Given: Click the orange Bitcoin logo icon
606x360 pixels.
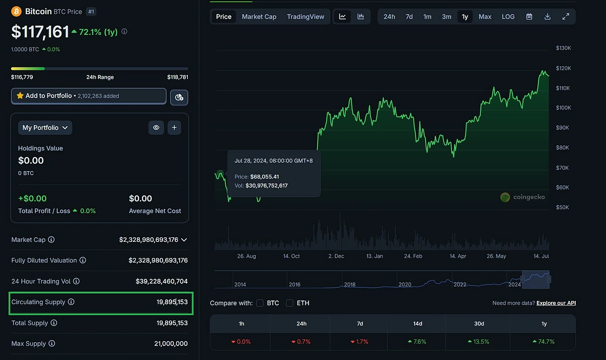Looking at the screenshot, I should click(x=16, y=11).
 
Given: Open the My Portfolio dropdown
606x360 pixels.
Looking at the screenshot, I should click(x=45, y=128).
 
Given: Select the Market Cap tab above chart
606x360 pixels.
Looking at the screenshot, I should click(x=259, y=17).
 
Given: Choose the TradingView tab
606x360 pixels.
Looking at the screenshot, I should click(x=306, y=17).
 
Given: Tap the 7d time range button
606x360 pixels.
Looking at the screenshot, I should click(x=409, y=17).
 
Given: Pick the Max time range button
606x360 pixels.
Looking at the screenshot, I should click(x=485, y=17).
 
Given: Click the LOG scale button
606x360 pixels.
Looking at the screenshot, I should click(x=508, y=17).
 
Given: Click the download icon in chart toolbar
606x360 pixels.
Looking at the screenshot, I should click(x=547, y=17).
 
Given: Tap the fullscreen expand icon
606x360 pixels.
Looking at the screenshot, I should click(x=566, y=17).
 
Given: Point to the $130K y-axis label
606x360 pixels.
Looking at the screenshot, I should click(x=563, y=48).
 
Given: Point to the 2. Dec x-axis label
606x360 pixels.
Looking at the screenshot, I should click(x=336, y=256).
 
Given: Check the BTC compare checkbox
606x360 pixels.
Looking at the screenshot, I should click(x=260, y=303).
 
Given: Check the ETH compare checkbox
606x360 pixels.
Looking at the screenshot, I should click(x=289, y=303).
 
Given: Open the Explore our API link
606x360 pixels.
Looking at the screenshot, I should click(x=556, y=303).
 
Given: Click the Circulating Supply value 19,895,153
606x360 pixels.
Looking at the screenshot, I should click(x=172, y=302).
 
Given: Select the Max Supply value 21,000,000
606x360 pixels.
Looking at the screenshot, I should click(x=171, y=343).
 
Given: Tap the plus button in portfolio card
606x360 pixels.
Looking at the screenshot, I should click(x=174, y=128).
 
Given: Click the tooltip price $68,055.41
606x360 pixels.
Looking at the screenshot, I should click(x=265, y=177).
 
